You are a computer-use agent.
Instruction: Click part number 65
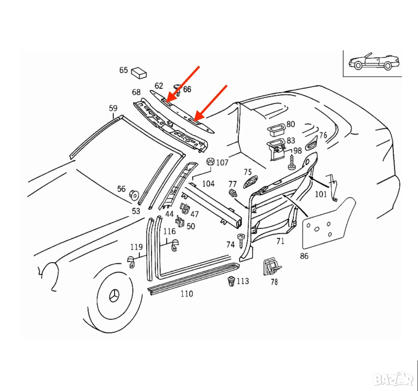pos(123,70)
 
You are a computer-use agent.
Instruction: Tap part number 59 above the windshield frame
pos(113,108)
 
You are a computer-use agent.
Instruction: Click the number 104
pos(208,184)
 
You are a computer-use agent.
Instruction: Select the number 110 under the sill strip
pos(187,294)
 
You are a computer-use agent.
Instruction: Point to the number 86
pos(304,256)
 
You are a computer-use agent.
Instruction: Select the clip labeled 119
pos(132,262)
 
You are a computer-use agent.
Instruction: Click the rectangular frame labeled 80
pos(276,130)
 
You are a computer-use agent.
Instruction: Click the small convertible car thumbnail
pos(371,62)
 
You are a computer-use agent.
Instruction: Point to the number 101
pos(321,194)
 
